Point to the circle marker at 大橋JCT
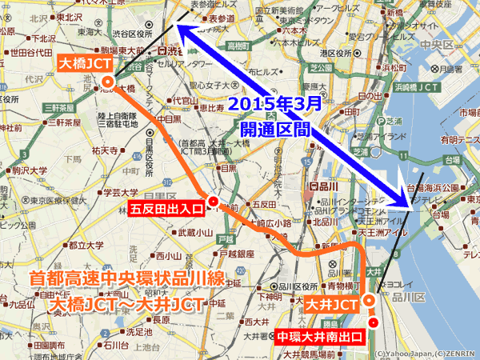[x=106, y=81]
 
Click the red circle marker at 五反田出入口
[x=213, y=202]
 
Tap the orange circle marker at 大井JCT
[x=369, y=301]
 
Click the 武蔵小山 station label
[x=195, y=233]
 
